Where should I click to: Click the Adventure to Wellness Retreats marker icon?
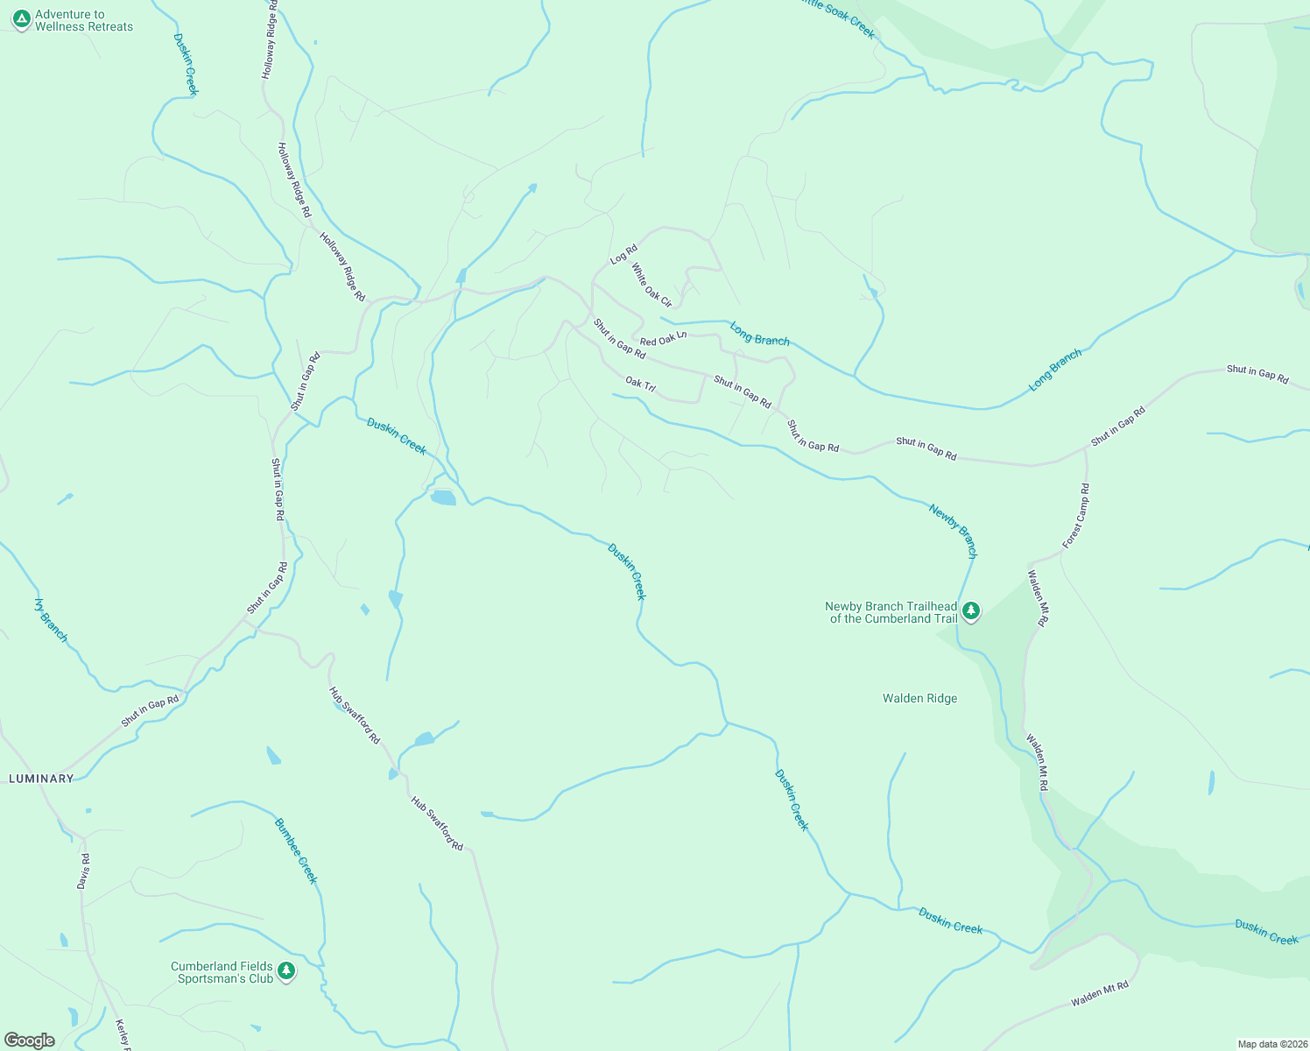point(22,19)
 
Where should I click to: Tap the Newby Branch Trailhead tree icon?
point(970,611)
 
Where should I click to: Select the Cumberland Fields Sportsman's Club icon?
point(285,970)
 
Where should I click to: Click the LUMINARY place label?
point(41,779)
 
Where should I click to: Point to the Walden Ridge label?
point(919,698)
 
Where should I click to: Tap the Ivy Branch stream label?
point(51,619)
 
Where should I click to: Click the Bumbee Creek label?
point(296,850)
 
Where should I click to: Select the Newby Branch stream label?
point(954,530)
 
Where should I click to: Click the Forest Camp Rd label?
point(1076,516)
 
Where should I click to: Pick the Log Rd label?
point(623,255)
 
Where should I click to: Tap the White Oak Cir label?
point(651,286)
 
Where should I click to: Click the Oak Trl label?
point(640,384)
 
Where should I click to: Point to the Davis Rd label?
point(83,871)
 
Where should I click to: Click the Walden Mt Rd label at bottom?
point(1100,993)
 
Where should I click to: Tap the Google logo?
point(30,1040)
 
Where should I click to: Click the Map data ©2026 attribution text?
point(1271,1044)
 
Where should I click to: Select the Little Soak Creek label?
point(838,18)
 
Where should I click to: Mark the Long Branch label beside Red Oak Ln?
point(759,334)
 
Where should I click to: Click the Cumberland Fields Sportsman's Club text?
point(222,972)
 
